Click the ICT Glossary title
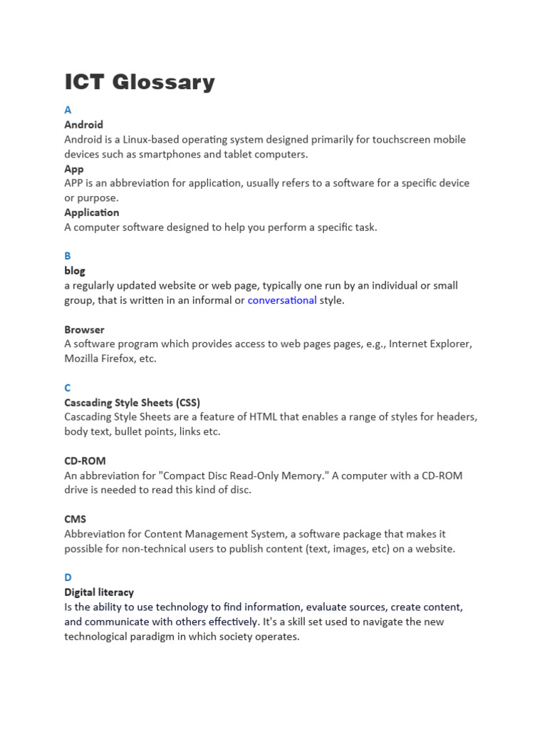140,82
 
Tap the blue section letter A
68,110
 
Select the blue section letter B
68,255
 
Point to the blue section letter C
68,388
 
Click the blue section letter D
68,577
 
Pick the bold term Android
84,125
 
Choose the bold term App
74,169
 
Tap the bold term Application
92,212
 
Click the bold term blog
75,271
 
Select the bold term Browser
85,329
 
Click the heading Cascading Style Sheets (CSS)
137,403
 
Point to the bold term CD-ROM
85,461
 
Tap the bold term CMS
75,519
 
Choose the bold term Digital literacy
99,592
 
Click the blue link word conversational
282,300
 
